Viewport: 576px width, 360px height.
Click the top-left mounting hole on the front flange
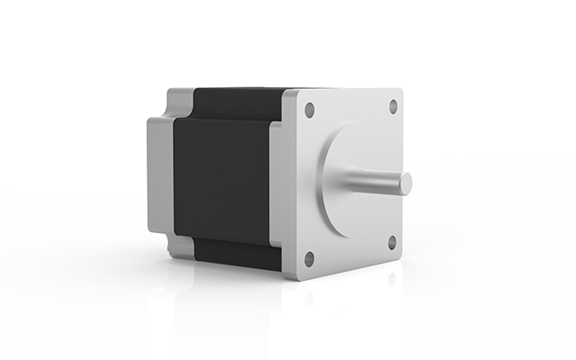coord(310,110)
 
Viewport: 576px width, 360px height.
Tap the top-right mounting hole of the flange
coord(393,106)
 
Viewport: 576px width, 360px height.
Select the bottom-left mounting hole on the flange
coord(309,258)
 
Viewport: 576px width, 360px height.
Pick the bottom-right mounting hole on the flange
coord(392,242)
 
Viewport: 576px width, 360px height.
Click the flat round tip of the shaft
coord(406,183)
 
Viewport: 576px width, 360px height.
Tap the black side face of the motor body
coord(220,180)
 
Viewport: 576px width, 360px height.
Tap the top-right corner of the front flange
coord(401,93)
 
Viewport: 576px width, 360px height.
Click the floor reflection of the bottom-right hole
coord(392,278)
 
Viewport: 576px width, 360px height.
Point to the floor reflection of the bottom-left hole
coord(309,297)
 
